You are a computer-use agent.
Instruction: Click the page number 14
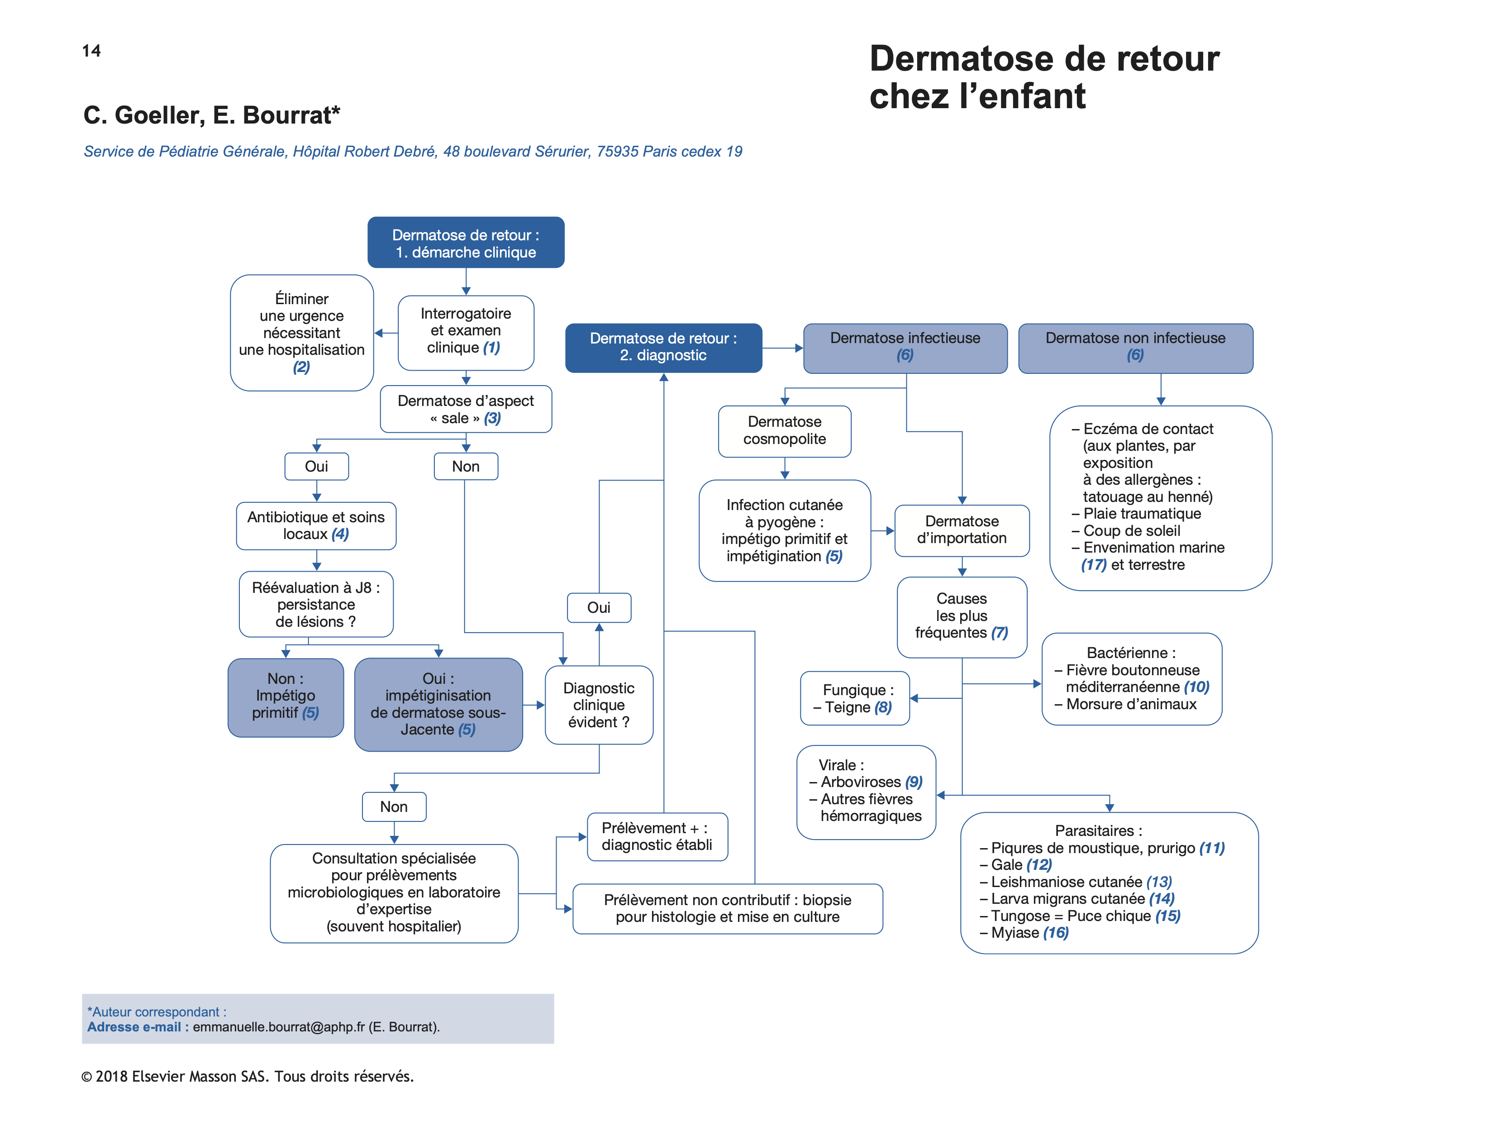click(91, 51)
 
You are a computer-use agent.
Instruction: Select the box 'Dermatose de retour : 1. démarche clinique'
click(466, 243)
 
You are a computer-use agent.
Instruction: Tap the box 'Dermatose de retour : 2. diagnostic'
click(663, 347)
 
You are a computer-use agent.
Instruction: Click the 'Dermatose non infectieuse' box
click(1135, 347)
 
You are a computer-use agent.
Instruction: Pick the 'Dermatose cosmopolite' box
click(785, 431)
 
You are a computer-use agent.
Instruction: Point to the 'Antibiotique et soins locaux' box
click(316, 526)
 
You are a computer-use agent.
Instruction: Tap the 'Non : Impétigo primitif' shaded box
click(286, 696)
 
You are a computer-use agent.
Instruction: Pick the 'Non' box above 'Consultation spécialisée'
click(394, 806)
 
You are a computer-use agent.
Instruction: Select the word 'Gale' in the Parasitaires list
click(1006, 865)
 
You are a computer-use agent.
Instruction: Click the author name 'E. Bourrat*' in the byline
click(276, 115)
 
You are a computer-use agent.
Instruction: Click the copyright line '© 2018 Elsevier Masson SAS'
click(248, 1077)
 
